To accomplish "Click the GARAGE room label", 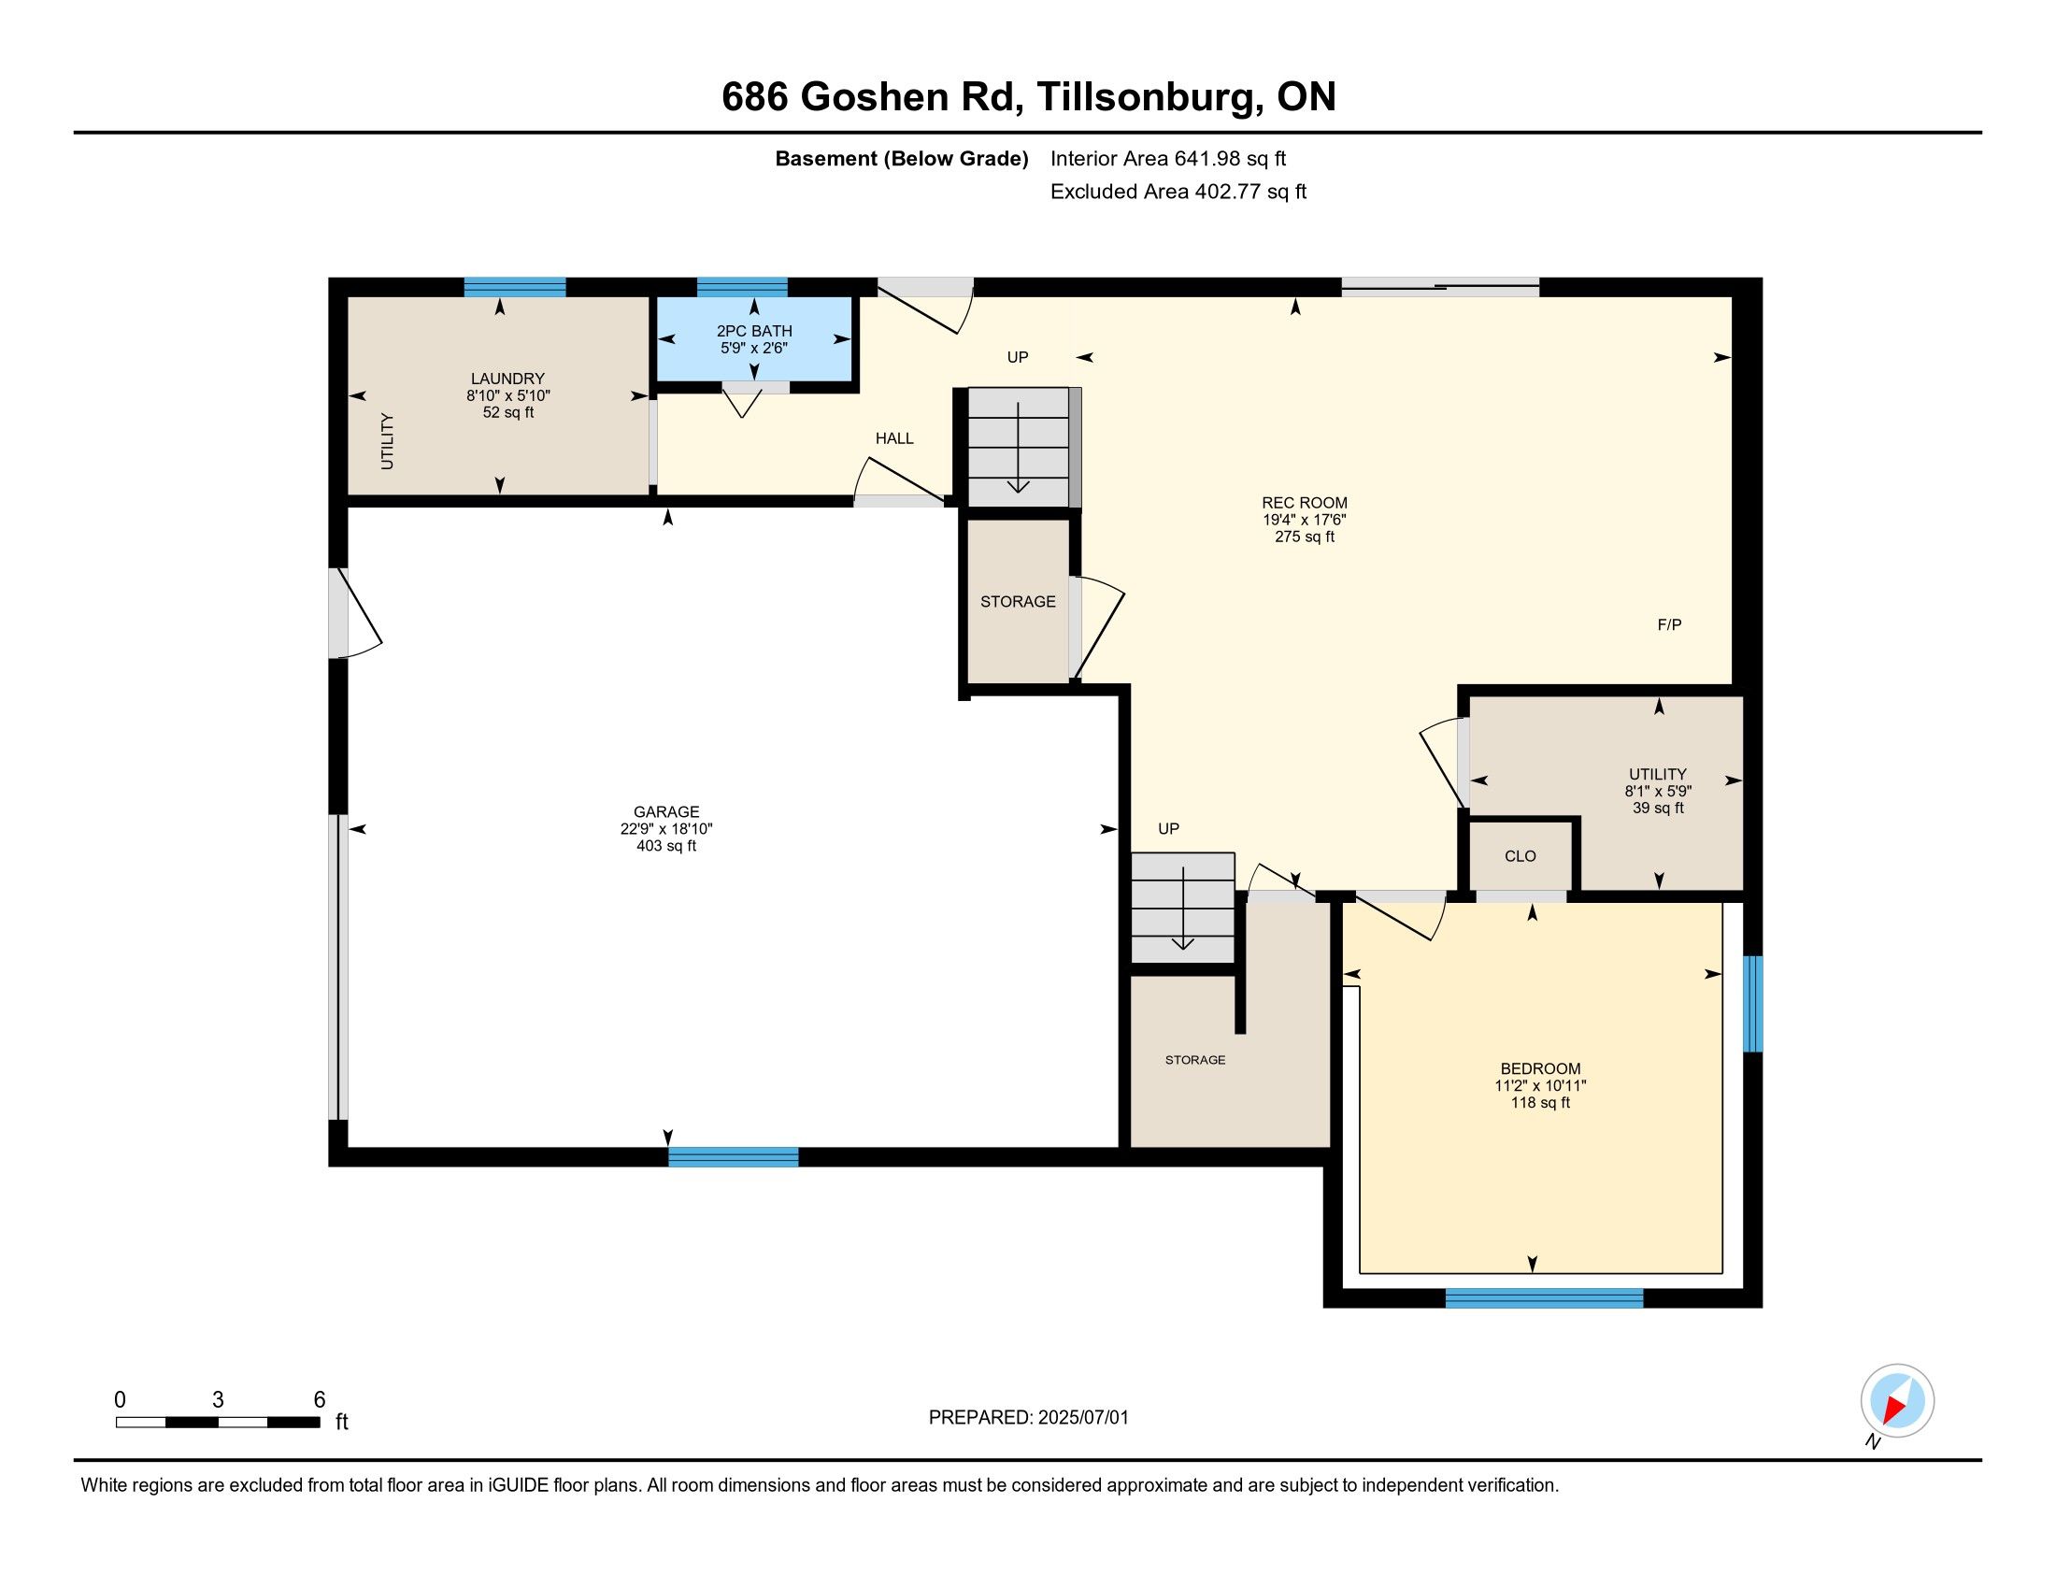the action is pyautogui.click(x=666, y=811).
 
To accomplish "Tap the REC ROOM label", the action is pyautogui.click(x=1305, y=503).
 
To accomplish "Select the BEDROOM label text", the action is pyautogui.click(x=1540, y=1068).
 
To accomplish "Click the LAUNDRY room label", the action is pyautogui.click(x=507, y=379).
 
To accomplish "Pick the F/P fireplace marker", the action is pyautogui.click(x=1669, y=624).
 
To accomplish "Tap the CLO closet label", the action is pyautogui.click(x=1521, y=855).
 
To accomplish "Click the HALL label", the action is pyautogui.click(x=894, y=437).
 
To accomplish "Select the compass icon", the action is pyautogui.click(x=1897, y=1401).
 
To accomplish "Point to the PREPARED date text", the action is pyautogui.click(x=1028, y=1418).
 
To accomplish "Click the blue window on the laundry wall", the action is pyautogui.click(x=515, y=287).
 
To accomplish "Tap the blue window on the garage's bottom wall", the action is pyautogui.click(x=734, y=1157).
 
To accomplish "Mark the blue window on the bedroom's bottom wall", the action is pyautogui.click(x=1544, y=1298).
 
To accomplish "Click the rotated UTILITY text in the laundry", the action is pyautogui.click(x=387, y=441).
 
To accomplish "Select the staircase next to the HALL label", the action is pyautogui.click(x=1019, y=447).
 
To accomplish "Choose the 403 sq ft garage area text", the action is pyautogui.click(x=666, y=845).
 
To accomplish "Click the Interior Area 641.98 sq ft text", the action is pyautogui.click(x=1167, y=158).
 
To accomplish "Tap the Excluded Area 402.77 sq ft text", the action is pyautogui.click(x=1178, y=192).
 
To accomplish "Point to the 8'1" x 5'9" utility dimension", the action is pyautogui.click(x=1658, y=792).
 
